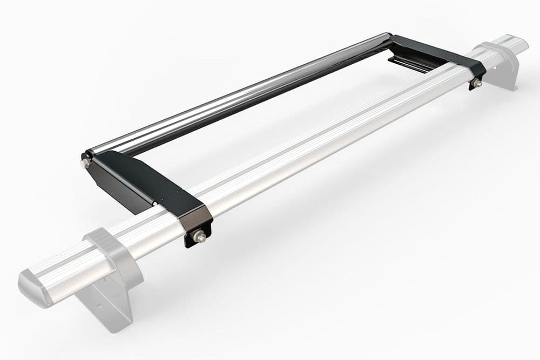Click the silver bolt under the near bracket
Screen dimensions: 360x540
[199, 235]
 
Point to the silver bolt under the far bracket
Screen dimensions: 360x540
[477, 84]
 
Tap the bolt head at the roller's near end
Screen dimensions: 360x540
[85, 163]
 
